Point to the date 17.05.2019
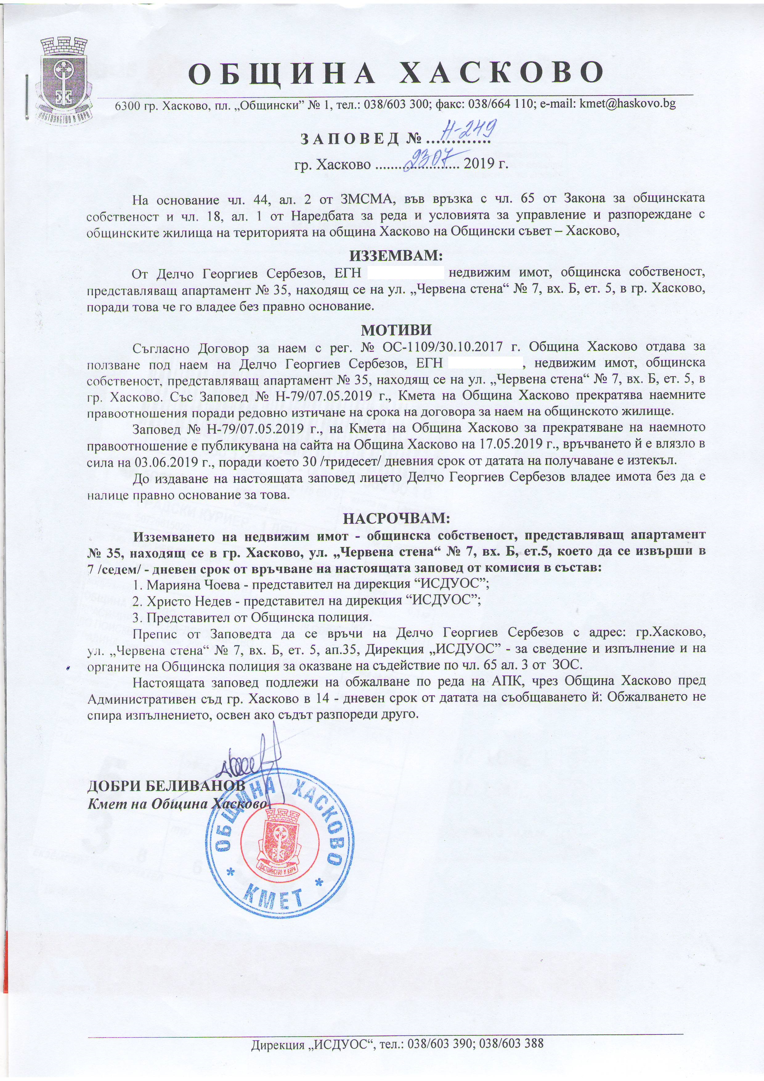click(515, 444)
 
